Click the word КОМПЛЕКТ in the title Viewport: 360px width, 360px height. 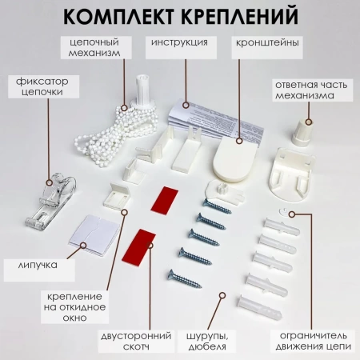[119, 16]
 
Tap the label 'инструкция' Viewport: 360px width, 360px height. [179, 42]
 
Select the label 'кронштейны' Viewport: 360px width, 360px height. [267, 42]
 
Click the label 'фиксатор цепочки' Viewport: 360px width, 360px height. [42, 86]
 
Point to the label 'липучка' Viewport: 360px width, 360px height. [38, 265]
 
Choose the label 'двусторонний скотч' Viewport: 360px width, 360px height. [136, 341]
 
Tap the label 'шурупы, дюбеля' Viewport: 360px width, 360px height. [207, 342]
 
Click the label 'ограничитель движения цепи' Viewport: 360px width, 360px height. [314, 341]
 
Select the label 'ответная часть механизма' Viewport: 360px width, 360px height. [311, 90]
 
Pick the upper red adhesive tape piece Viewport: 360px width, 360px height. [164, 200]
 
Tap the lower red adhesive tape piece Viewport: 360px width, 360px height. [138, 247]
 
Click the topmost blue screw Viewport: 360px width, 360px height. [217, 206]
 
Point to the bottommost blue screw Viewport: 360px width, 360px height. [184, 278]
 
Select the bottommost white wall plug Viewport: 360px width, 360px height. [259, 307]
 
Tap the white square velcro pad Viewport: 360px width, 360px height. [94, 236]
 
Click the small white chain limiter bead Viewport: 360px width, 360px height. [283, 212]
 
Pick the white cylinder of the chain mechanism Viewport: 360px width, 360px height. [143, 90]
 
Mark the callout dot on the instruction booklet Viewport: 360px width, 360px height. [186, 105]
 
